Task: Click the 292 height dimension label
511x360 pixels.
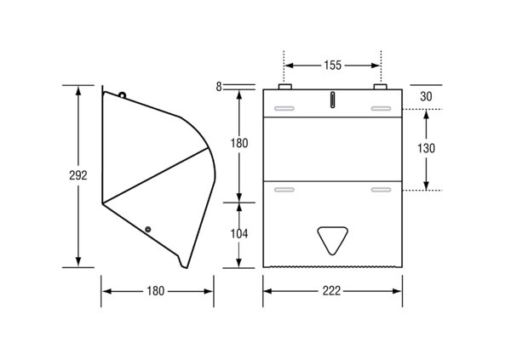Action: pyautogui.click(x=78, y=175)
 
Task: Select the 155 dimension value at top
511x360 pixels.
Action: pyautogui.click(x=332, y=66)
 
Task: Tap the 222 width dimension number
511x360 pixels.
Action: pyautogui.click(x=332, y=291)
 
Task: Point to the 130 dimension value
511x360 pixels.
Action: pyautogui.click(x=427, y=149)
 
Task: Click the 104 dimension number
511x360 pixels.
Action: pyautogui.click(x=239, y=234)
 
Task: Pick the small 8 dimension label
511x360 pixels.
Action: pyautogui.click(x=219, y=87)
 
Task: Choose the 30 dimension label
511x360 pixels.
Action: pyautogui.click(x=427, y=97)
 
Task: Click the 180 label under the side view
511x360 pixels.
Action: pyautogui.click(x=156, y=291)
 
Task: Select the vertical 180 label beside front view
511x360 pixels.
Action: pyautogui.click(x=239, y=143)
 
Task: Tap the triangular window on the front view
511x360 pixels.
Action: pyautogui.click(x=332, y=240)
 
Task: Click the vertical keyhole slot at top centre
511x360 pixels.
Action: pyautogui.click(x=332, y=100)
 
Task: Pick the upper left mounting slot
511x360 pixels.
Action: pyautogui.click(x=284, y=108)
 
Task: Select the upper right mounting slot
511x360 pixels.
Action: pyautogui.click(x=381, y=108)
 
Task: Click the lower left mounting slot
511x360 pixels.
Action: pyautogui.click(x=284, y=190)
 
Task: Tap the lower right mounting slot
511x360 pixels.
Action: pyautogui.click(x=381, y=190)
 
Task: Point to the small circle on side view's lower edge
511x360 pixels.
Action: pyautogui.click(x=148, y=230)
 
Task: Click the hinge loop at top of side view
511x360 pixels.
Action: pyautogui.click(x=122, y=94)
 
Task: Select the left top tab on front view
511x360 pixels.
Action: pyautogui.click(x=284, y=87)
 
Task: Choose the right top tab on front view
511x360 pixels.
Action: pyautogui.click(x=380, y=87)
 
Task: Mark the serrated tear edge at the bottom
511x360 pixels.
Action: pyautogui.click(x=332, y=267)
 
